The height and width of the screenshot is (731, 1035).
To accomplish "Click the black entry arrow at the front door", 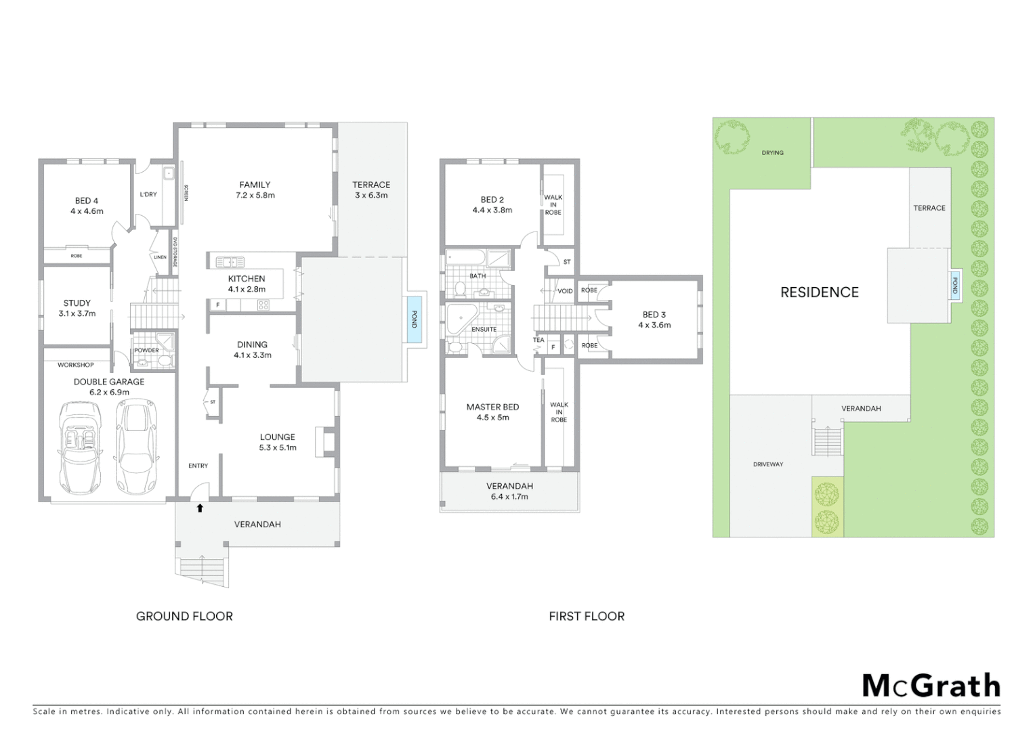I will (200, 508).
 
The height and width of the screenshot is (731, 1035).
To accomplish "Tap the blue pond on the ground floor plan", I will (415, 319).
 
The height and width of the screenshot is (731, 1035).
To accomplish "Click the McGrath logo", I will (931, 686).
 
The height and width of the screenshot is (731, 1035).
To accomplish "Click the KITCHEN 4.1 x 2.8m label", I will (247, 284).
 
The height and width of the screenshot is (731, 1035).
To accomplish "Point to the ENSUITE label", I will (484, 330).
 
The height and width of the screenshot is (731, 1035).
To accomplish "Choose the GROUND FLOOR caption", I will (184, 616).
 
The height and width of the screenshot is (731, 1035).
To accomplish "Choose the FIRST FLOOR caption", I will (587, 616).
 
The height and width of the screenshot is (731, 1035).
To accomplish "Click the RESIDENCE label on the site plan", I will (819, 292).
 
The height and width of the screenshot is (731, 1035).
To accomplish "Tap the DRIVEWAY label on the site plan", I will (767, 464).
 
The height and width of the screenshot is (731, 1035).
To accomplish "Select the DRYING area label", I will (772, 153).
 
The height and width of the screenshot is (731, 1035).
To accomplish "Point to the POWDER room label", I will (146, 351).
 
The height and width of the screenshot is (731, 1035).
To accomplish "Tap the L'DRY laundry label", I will (148, 194).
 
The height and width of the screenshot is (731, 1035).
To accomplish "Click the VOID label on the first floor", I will (565, 291).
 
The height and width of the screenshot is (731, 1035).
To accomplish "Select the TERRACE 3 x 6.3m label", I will (371, 190).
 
